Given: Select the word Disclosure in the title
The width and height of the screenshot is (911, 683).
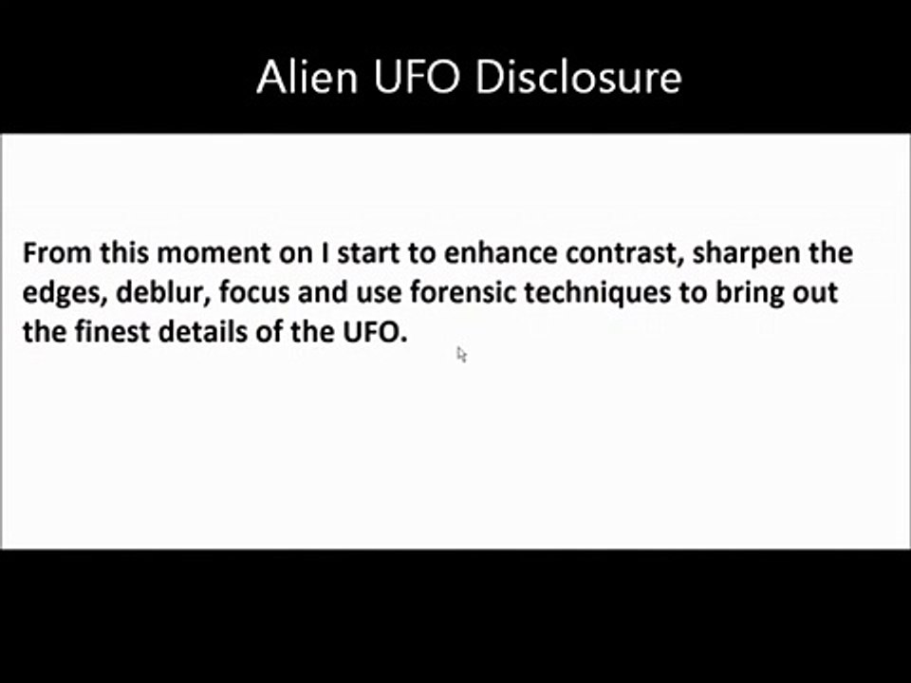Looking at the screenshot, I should pyautogui.click(x=578, y=77).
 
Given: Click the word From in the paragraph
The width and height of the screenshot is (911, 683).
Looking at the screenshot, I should pyautogui.click(x=54, y=253).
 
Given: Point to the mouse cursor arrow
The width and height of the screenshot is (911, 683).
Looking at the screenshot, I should pyautogui.click(x=461, y=354).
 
